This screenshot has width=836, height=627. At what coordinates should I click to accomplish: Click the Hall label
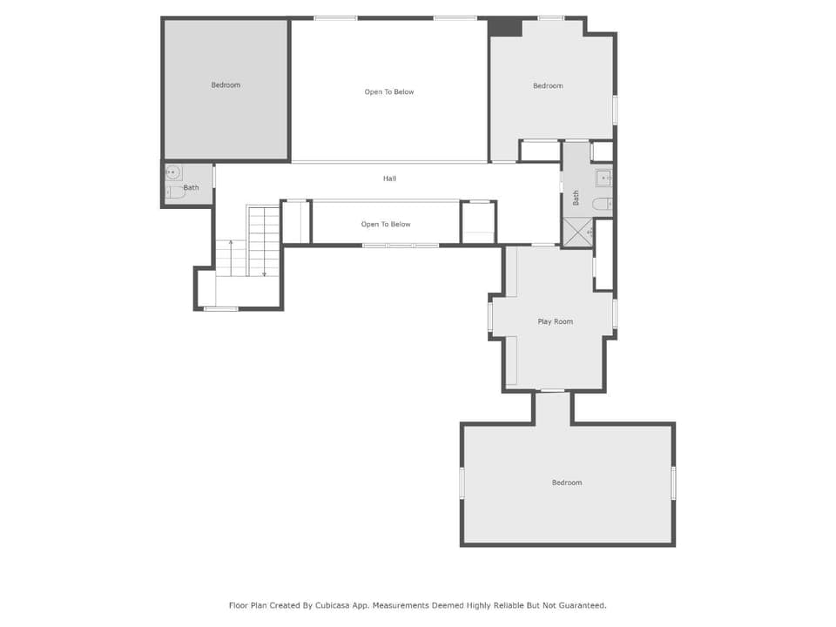[389, 179]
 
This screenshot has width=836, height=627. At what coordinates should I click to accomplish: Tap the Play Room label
[555, 321]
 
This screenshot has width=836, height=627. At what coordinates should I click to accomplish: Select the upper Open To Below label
[389, 91]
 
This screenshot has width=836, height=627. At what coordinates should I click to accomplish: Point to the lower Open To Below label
[386, 224]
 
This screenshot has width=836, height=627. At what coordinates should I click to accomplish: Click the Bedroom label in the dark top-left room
[226, 84]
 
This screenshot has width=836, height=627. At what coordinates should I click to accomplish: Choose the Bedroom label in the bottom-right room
[567, 482]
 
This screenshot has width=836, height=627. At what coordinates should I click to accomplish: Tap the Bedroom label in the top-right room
[548, 86]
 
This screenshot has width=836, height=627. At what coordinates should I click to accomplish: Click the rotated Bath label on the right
[576, 198]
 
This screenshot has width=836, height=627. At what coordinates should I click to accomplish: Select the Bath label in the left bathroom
[191, 188]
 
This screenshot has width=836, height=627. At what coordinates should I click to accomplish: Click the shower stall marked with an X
[578, 233]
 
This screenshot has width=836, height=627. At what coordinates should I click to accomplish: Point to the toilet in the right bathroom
[603, 204]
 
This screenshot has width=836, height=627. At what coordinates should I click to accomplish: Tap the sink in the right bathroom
[603, 178]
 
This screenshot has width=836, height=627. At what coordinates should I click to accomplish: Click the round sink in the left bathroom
[172, 172]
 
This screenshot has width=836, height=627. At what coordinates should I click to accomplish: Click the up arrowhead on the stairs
[231, 243]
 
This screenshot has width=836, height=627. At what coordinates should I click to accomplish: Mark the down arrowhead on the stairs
[264, 274]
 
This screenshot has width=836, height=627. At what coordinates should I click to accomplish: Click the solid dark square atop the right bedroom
[505, 27]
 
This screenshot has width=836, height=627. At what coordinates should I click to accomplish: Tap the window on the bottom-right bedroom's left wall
[462, 483]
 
